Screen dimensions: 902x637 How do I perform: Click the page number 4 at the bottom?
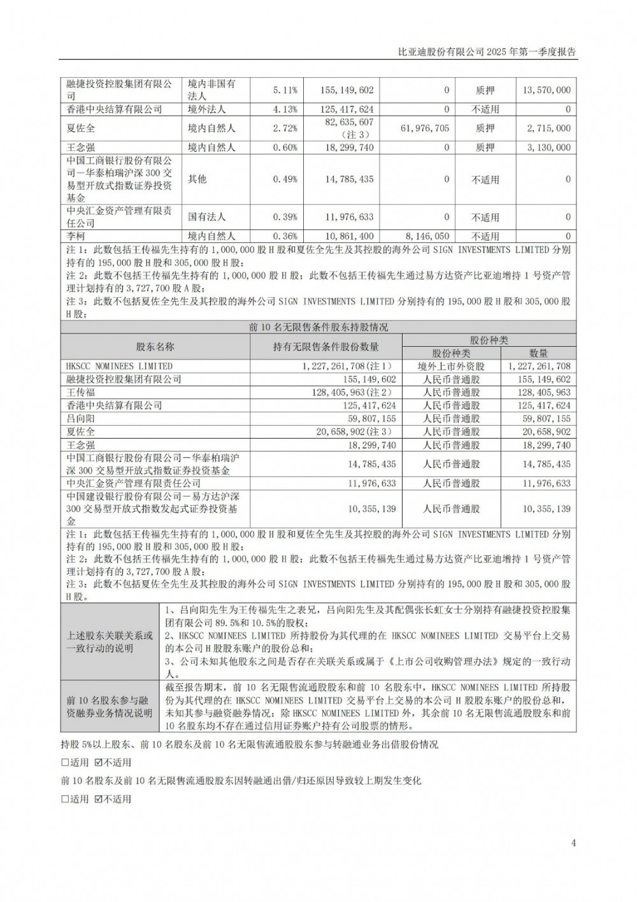click(573, 843)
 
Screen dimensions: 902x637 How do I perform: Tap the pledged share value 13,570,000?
click(546, 91)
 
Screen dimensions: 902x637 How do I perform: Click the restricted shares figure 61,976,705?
click(426, 128)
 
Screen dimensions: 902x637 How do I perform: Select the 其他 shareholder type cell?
click(197, 179)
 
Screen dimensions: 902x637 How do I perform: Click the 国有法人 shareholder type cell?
click(207, 217)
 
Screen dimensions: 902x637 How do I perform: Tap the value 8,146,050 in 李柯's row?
click(426, 236)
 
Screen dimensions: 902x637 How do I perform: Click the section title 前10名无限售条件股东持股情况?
click(318, 327)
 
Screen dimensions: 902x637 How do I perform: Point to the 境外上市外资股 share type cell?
click(451, 367)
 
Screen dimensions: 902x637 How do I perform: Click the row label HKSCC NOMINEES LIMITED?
click(119, 367)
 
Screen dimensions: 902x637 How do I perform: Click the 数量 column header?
click(538, 353)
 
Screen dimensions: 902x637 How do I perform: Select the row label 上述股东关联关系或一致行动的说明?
click(110, 642)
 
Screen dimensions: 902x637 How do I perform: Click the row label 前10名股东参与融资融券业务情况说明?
click(110, 706)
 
